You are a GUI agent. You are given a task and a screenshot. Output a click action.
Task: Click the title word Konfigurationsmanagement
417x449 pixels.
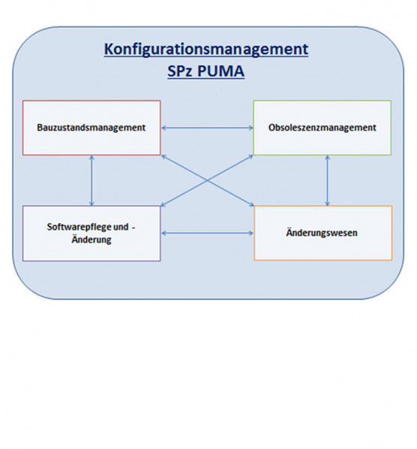[x=206, y=50]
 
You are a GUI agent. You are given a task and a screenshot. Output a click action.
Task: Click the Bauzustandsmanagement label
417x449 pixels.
[x=91, y=128]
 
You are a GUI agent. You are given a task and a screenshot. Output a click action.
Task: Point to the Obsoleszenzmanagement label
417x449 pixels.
[x=322, y=128]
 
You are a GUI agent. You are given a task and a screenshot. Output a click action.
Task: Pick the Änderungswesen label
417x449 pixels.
[x=322, y=232]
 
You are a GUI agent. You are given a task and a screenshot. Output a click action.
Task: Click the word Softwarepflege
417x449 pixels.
[x=79, y=227]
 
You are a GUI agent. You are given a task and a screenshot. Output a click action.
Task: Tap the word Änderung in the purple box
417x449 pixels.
[x=91, y=239]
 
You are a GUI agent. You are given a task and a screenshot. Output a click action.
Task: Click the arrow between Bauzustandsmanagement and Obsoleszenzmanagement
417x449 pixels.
[x=207, y=128]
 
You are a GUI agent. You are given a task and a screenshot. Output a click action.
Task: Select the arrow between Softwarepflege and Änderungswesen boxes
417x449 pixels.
[x=207, y=233]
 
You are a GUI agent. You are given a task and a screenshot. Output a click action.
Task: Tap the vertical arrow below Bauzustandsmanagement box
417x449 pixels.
[x=91, y=181]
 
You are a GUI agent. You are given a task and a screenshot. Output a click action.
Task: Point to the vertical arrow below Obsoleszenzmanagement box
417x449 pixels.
[x=328, y=181]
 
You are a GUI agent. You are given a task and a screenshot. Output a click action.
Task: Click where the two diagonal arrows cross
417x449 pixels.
[x=207, y=181]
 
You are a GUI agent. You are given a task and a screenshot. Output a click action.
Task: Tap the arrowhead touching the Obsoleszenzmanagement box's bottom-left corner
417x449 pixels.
[x=250, y=157]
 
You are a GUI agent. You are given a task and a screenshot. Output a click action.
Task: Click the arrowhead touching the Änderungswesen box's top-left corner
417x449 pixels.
[x=250, y=204]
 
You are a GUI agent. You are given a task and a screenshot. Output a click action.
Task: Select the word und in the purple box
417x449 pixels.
[x=121, y=227]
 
